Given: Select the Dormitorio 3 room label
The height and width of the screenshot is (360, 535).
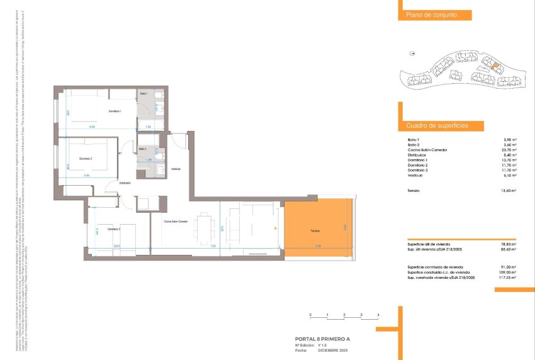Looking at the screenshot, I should [x=113, y=228].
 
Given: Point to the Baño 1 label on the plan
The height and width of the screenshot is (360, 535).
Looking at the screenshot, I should [x=144, y=94].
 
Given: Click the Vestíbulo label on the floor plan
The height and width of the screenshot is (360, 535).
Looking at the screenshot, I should [x=176, y=169].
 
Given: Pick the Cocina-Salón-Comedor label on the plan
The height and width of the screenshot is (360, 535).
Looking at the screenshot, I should [x=176, y=222].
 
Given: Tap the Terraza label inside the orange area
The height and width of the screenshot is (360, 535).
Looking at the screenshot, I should [x=314, y=231].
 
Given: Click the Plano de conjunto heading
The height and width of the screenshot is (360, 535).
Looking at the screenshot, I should [x=427, y=15].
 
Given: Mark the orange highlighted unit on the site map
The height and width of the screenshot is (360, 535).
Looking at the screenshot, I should [x=495, y=65].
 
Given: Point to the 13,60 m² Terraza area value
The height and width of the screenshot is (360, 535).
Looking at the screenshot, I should [x=509, y=191].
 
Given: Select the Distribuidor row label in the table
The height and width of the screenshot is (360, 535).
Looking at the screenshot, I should [x=417, y=155].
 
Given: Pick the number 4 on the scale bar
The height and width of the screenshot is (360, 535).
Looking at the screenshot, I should [x=378, y=314].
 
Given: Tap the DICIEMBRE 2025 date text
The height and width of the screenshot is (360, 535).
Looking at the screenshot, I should [x=332, y=350].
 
